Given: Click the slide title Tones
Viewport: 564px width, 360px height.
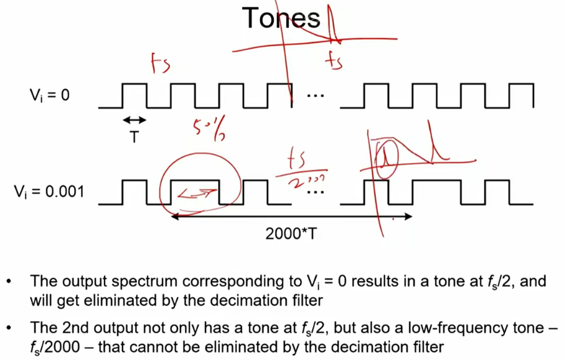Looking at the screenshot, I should coord(281,19).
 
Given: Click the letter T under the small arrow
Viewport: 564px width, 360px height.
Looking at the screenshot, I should coord(134,137).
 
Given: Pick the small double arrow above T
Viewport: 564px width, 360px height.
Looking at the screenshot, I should coord(134,120).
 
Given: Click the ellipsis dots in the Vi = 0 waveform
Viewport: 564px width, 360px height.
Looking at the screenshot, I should coord(316,96).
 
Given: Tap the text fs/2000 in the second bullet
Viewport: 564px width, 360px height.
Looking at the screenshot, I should coord(55,347).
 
